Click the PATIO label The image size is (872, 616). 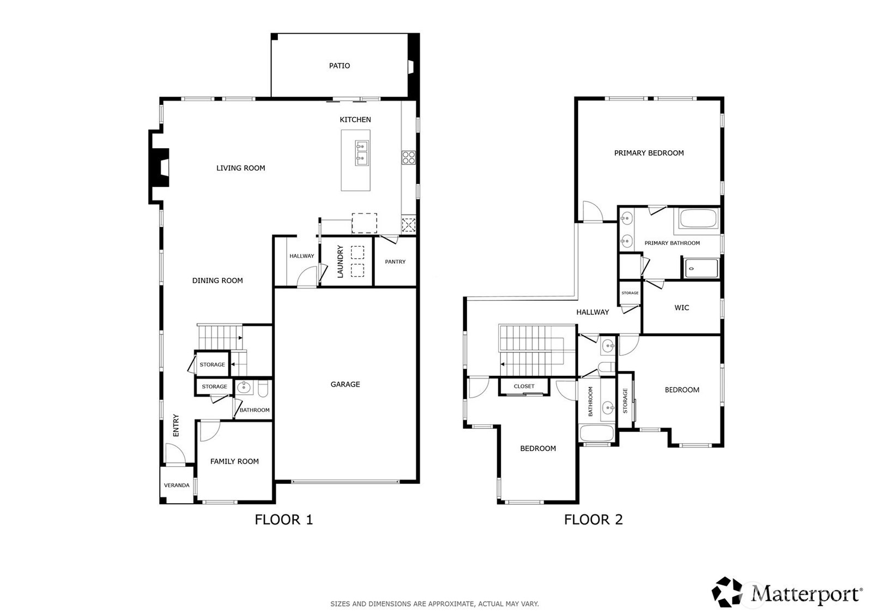pos(339,66)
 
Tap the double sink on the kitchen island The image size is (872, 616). pos(362,153)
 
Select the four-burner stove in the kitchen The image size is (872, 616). pos(408,157)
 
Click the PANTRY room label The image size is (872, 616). pos(395,261)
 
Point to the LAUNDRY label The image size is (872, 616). pos(340,261)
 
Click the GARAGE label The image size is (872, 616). pos(345,384)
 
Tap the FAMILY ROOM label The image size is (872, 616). pos(234,461)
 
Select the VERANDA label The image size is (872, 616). pos(177,485)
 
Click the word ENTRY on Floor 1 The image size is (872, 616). pos(176,425)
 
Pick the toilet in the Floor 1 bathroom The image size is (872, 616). pos(263,388)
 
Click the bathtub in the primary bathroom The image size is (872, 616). pos(698,219)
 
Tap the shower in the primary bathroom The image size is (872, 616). pos(701,268)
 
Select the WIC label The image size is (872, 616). pos(682,307)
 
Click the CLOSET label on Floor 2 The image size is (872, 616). pos(524,386)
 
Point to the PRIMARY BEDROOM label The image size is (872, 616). pos(649,153)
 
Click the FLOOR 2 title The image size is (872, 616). pos(594,520)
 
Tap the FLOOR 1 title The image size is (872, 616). pos(284,520)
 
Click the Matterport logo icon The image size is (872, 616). pos(727,592)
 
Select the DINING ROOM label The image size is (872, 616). pos(217,280)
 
